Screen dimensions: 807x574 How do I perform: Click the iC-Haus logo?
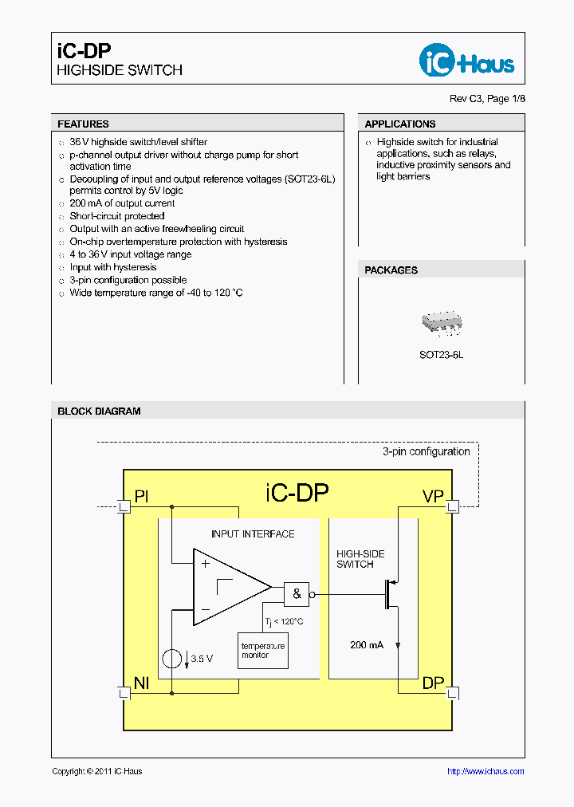pyautogui.click(x=466, y=61)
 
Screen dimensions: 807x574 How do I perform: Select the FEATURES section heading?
pyautogui.click(x=83, y=124)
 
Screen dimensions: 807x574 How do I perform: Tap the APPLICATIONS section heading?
pyautogui.click(x=399, y=124)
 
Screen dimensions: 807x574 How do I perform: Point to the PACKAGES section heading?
pyautogui.click(x=391, y=270)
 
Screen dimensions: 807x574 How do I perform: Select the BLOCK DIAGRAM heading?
pyautogui.click(x=99, y=411)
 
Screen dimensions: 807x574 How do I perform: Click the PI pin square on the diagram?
pyautogui.click(x=124, y=506)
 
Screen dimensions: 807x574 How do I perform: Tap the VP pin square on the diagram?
pyautogui.click(x=452, y=506)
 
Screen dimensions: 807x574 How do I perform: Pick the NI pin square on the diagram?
pyautogui.click(x=124, y=692)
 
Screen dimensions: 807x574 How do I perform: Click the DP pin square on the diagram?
pyautogui.click(x=452, y=692)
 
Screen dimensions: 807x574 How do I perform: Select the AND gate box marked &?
pyautogui.click(x=297, y=594)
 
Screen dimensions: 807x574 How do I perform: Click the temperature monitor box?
pyautogui.click(x=263, y=650)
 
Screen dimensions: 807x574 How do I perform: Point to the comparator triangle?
pyautogui.click(x=227, y=587)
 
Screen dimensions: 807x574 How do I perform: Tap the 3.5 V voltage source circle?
pyautogui.click(x=171, y=659)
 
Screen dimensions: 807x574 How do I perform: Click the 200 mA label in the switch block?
pyautogui.click(x=367, y=644)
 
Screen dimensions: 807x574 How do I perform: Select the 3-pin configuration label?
pyautogui.click(x=426, y=451)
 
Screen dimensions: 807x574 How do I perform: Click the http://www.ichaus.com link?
pyautogui.click(x=486, y=771)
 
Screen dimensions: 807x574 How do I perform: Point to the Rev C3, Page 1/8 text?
pyautogui.click(x=488, y=99)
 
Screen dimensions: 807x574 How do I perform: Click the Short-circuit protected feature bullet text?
pyautogui.click(x=117, y=216)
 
